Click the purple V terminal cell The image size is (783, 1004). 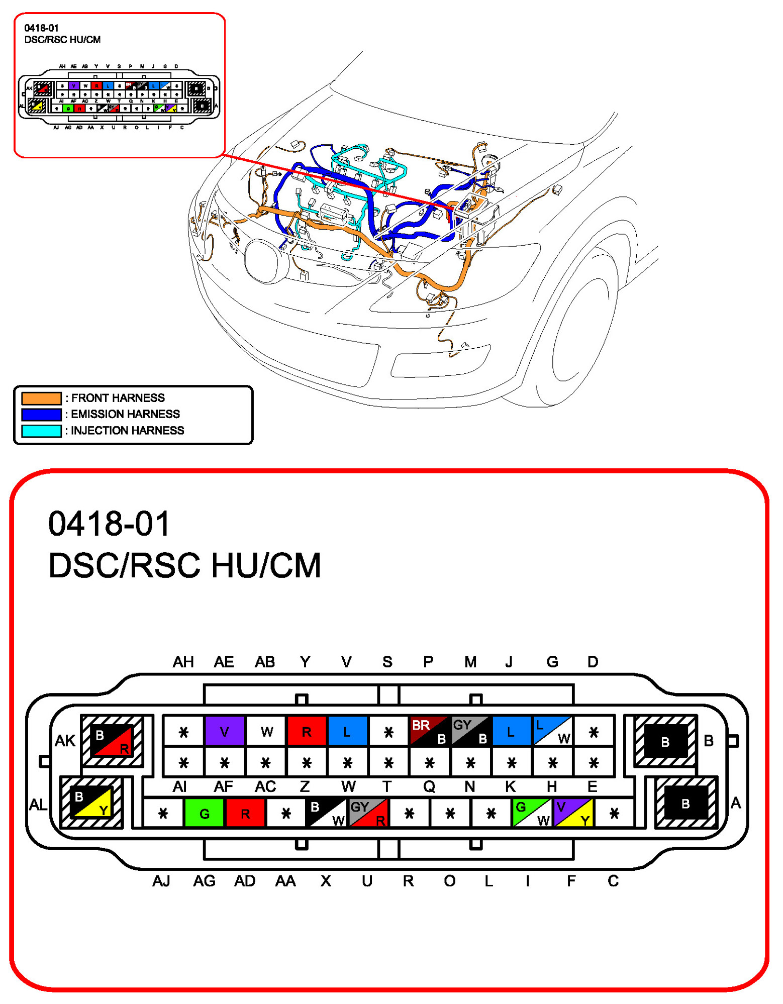(224, 731)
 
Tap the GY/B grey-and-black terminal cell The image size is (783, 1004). (471, 731)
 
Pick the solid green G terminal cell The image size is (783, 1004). (204, 813)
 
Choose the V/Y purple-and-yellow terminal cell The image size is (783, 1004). (573, 813)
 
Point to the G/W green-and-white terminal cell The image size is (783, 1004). (532, 813)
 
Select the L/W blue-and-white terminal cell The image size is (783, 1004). (553, 731)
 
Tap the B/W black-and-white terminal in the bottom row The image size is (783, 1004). (327, 813)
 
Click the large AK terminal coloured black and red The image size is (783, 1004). (113, 741)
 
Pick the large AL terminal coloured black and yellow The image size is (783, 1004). (91, 803)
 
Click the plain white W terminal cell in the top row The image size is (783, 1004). (266, 731)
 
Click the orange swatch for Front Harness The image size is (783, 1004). (41, 398)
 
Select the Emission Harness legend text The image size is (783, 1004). (125, 414)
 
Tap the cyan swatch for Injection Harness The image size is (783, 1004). (41, 431)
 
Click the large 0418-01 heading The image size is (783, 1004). (110, 524)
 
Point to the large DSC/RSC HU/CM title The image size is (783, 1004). (184, 566)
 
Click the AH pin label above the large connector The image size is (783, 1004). (183, 662)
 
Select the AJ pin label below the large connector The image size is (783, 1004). (161, 881)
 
